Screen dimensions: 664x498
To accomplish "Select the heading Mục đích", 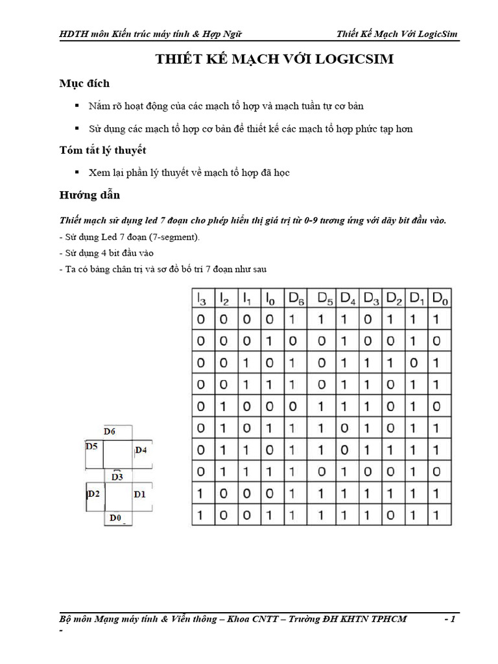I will (84, 83).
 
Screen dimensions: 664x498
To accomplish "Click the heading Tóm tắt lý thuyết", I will (102, 150).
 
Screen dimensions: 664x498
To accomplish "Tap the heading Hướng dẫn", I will (89, 195).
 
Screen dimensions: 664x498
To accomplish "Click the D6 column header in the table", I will (297, 298).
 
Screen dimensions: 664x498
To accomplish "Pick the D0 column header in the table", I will (440, 298).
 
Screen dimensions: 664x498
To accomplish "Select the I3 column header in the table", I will (200, 298).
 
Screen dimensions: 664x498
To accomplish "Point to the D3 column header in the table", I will (371, 298).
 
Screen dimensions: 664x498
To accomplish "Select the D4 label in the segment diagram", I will (141, 450).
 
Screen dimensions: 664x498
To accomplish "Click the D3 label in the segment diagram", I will (117, 477).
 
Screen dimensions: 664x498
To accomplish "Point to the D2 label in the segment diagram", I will (94, 494).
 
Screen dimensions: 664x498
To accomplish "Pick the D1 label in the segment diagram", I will (140, 494).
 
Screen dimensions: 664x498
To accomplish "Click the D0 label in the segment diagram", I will (115, 517).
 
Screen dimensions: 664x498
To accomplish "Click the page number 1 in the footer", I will (453, 619).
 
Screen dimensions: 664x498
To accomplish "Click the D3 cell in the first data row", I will (368, 320).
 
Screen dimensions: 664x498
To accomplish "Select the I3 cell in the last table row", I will (200, 516).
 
